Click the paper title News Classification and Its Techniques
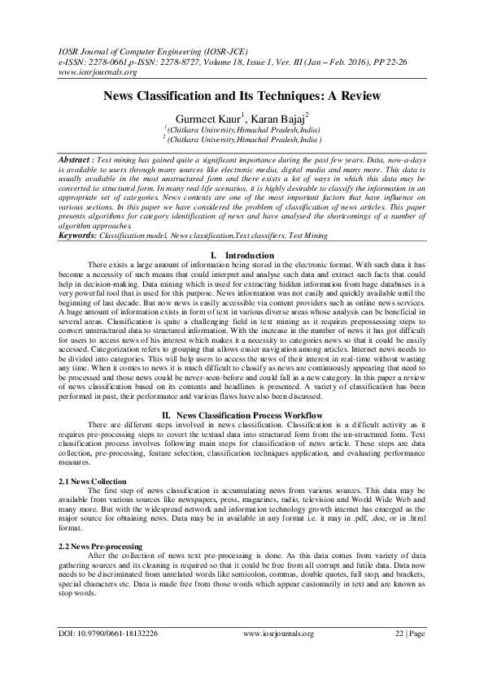(x=242, y=96)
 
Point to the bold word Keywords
(x=76, y=235)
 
